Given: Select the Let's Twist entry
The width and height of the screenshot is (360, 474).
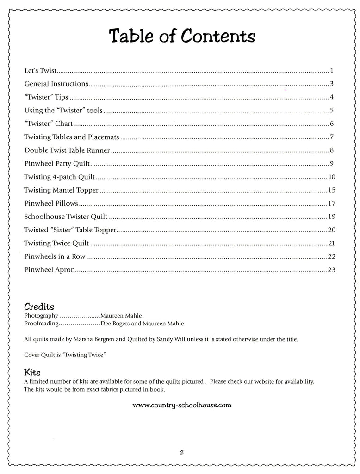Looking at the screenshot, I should coord(40,71).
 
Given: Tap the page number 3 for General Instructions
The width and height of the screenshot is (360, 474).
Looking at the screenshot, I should coord(332,84).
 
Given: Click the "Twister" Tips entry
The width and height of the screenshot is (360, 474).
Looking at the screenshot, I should coord(46,97).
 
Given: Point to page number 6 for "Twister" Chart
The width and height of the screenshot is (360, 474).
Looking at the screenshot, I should coord(332,124).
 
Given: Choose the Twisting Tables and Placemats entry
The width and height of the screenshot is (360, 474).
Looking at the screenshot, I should coord(72,137).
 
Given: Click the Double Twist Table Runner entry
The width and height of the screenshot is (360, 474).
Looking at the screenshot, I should coord(67,150).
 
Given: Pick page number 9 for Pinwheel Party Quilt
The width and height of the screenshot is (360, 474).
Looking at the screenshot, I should coord(332,163).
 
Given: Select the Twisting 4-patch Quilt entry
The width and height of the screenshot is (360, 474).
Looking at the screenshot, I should coord(59,177).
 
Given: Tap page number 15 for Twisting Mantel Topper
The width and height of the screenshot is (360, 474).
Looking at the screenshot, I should coord(331,190).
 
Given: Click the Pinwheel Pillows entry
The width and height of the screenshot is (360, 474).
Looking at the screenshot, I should coord(51,203).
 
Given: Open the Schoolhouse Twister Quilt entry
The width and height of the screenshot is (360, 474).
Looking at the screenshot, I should coord(66,217).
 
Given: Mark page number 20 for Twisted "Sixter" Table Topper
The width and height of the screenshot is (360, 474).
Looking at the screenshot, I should coord(331,230).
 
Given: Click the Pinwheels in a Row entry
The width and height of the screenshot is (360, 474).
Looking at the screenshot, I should coord(55,256).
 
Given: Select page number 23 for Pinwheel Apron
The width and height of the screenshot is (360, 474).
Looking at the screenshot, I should coord(331,270).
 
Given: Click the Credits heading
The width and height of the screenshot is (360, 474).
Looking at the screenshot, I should coord(39,306).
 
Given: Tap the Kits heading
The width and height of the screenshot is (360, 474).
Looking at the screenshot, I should coord(32,372).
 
